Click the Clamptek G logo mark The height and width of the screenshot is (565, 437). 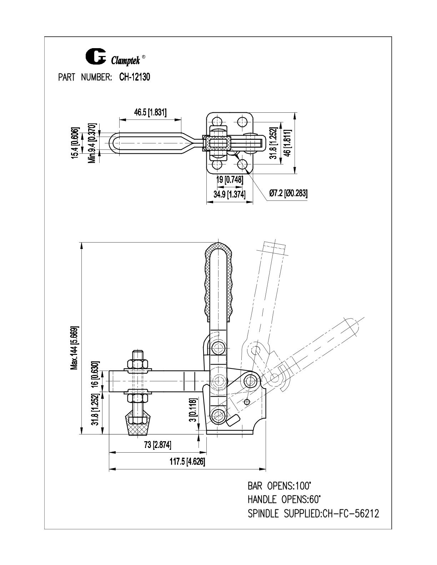[96, 56]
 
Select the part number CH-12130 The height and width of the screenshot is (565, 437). [135, 77]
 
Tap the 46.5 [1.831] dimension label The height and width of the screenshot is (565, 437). [150, 113]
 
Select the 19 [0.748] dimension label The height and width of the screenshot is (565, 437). [230, 179]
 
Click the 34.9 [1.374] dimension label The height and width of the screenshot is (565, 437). [229, 194]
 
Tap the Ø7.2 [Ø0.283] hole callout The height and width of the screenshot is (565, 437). [288, 193]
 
